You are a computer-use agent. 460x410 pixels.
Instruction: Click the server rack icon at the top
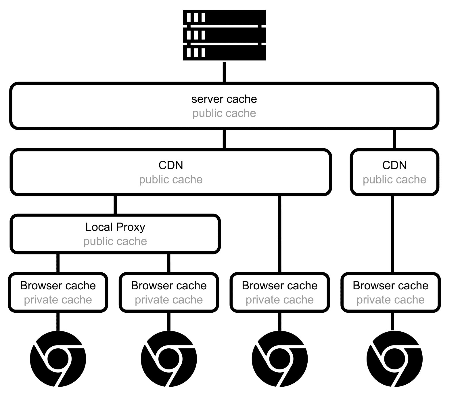(224, 35)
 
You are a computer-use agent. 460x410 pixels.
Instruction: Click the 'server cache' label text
(224, 99)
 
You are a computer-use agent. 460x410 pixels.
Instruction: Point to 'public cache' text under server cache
(224, 113)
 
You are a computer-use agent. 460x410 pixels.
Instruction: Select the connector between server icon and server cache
(224, 72)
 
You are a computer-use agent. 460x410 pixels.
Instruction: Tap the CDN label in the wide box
(171, 165)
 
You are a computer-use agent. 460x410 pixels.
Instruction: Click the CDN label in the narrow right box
(394, 165)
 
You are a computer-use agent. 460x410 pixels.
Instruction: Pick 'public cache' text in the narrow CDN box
(394, 180)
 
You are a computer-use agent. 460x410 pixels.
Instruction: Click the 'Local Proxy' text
(115, 227)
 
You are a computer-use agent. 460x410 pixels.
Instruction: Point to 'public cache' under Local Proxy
(115, 241)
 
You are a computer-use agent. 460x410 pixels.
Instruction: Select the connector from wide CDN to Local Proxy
(115, 205)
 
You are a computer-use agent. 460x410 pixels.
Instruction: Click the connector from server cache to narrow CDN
(394, 139)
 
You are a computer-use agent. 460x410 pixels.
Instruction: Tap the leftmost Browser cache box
(58, 293)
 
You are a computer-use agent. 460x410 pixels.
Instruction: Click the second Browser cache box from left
(169, 293)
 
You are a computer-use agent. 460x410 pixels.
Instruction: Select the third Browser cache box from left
(280, 293)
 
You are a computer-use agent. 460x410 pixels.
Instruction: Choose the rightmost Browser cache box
(390, 293)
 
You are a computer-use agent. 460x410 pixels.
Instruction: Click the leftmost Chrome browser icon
(58, 359)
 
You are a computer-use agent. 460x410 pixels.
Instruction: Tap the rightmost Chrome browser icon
(394, 359)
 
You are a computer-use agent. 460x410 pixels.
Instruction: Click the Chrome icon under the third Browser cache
(280, 359)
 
